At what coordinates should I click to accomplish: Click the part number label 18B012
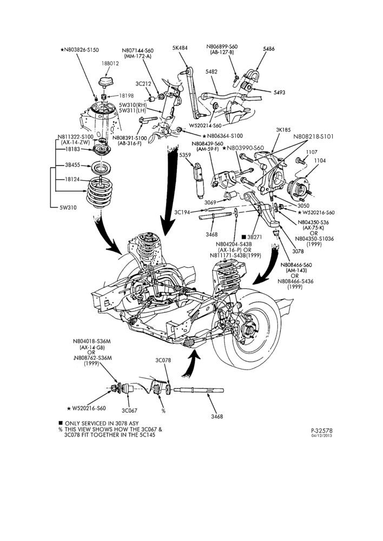110,63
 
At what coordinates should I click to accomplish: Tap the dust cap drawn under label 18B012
106,82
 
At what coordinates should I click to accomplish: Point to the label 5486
268,49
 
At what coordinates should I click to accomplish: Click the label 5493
279,93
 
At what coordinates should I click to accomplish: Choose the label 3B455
72,165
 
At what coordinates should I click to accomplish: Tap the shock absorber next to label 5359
200,181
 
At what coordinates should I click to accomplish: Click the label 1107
312,152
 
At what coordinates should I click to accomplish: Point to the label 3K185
283,130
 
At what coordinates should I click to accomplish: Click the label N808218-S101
314,136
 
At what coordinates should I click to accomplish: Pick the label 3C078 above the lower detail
163,360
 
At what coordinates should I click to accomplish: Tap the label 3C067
129,411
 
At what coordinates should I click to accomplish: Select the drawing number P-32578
322,431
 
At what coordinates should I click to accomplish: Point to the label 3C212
143,83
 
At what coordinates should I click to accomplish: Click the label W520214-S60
205,126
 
